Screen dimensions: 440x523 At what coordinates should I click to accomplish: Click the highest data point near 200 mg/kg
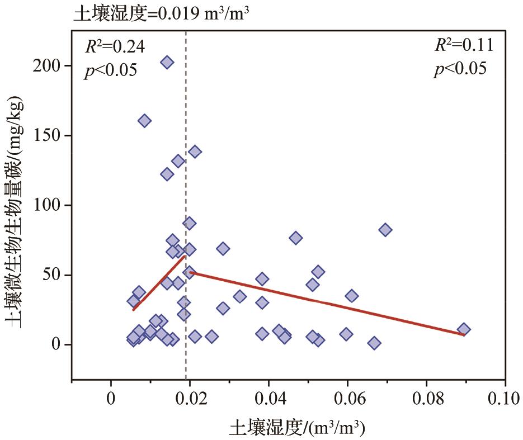coord(167,62)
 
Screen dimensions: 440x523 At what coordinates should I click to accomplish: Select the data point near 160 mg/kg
coord(144,121)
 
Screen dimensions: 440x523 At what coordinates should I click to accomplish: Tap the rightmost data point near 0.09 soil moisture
coord(464,329)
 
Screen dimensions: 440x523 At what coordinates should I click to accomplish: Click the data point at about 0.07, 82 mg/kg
coord(385,230)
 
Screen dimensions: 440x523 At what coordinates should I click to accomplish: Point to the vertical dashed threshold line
coord(186,168)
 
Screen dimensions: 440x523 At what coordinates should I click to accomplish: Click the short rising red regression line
coord(159,282)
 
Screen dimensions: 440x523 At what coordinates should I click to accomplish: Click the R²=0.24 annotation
coord(115,47)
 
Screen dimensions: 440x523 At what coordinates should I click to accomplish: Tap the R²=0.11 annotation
coord(464,45)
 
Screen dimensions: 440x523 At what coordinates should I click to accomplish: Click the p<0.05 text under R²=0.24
coord(111,71)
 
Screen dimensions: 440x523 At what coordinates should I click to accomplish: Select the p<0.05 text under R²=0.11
coord(460,69)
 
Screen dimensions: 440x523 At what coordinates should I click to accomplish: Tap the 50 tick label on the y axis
coord(54,275)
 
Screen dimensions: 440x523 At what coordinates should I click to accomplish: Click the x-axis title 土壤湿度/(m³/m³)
coord(297,429)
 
